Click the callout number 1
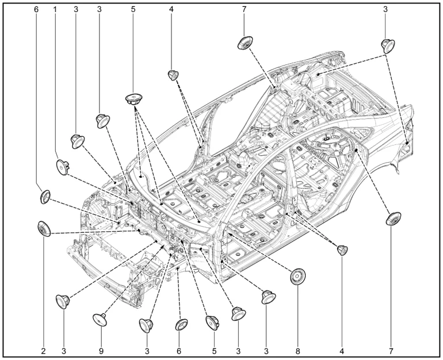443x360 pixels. click(55, 9)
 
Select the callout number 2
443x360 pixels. click(43, 351)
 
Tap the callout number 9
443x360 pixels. click(101, 351)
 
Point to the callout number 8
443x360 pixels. click(298, 351)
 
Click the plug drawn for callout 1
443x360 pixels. click(63, 167)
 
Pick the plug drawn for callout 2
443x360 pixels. click(44, 229)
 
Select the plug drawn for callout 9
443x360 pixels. click(100, 319)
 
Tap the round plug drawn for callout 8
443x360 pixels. click(299, 276)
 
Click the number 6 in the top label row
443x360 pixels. click(36, 9)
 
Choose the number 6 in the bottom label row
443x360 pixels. click(178, 351)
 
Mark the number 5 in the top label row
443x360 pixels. click(133, 9)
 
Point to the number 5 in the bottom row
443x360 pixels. click(214, 351)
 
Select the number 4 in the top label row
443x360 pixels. click(171, 9)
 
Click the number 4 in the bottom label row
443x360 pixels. click(342, 351)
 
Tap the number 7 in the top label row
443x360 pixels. click(244, 9)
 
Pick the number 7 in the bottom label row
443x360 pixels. click(391, 351)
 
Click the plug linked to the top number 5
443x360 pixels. click(134, 99)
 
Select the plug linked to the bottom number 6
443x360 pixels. click(181, 325)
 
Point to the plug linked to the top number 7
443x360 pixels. click(245, 43)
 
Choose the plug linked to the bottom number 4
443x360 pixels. click(342, 250)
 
